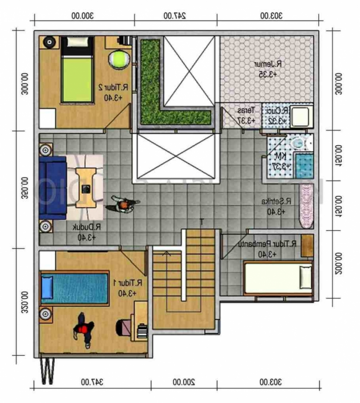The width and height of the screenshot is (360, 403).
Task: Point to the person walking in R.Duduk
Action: (122, 206)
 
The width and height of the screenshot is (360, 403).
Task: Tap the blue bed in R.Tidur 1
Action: (75, 287)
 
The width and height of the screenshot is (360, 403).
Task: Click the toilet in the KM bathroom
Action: (298, 143)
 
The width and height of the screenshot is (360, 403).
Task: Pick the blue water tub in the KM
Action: (304, 165)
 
